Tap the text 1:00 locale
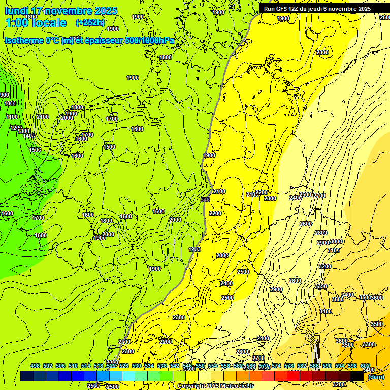click(x=36, y=23)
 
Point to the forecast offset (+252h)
click(x=90, y=22)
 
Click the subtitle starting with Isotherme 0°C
click(x=89, y=40)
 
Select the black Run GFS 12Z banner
click(x=317, y=9)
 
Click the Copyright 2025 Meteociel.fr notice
click(x=215, y=386)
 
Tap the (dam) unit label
click(x=376, y=376)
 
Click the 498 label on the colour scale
click(x=35, y=366)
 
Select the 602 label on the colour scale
click(x=365, y=366)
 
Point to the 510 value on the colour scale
click(x=73, y=366)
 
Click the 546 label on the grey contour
click(x=205, y=200)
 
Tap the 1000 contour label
click(x=10, y=103)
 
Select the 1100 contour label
click(x=13, y=117)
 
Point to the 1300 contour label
click(x=23, y=132)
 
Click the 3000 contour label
click(x=336, y=241)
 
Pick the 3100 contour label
click(x=333, y=250)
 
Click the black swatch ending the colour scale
click(x=357, y=376)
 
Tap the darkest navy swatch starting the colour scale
click(x=27, y=376)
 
